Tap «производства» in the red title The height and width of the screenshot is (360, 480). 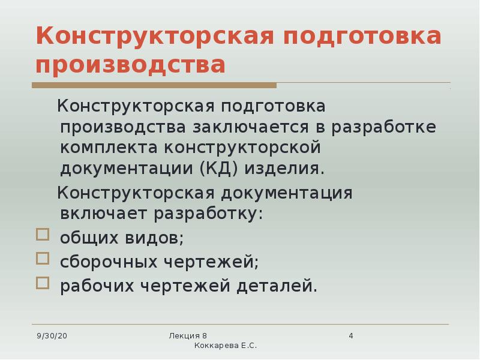point(131,65)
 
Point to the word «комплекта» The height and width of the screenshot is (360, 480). point(110,148)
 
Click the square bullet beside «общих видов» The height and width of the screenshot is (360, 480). point(42,234)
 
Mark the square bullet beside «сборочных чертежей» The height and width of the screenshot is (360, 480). point(42,259)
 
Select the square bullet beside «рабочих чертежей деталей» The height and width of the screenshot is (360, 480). point(42,283)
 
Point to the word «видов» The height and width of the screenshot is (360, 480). point(157,238)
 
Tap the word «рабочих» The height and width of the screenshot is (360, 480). point(97,286)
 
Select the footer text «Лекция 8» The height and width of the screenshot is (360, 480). point(188,335)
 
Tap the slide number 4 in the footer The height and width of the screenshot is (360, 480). point(351,335)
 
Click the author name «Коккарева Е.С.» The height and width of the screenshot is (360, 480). point(226,346)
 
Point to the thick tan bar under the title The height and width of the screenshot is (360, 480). point(156,86)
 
